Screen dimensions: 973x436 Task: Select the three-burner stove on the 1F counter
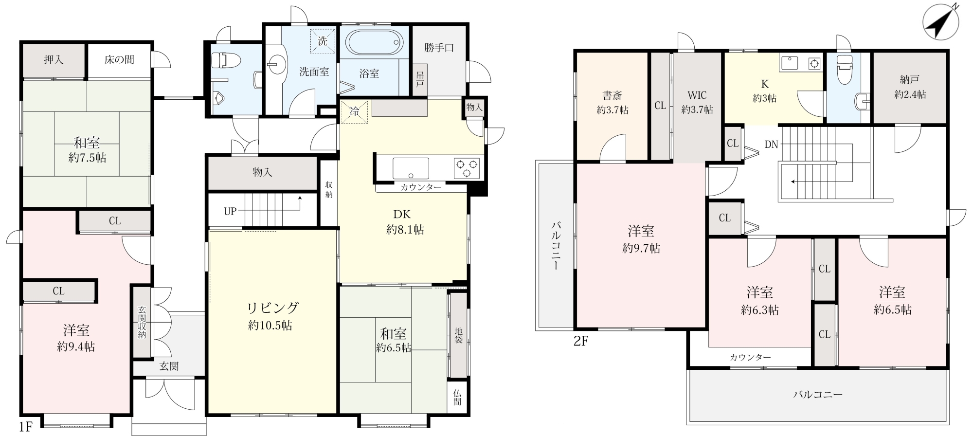coord(467,168)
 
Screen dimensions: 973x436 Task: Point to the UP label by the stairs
coord(230,212)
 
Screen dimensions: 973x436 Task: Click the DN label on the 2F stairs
coord(771,144)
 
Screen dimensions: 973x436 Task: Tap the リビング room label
coord(272,308)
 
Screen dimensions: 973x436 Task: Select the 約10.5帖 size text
coord(270,326)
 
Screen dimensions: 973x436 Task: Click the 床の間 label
coord(119,60)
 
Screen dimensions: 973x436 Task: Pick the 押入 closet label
coord(54,60)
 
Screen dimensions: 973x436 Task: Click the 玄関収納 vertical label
coord(142,322)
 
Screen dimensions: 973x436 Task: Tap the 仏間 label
coord(457,398)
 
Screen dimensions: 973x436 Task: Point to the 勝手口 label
coord(439,48)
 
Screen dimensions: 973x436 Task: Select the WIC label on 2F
coord(697,95)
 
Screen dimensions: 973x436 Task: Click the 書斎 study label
coord(612,95)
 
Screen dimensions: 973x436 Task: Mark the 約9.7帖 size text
coord(641,249)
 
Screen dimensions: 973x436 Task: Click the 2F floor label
coord(581,341)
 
